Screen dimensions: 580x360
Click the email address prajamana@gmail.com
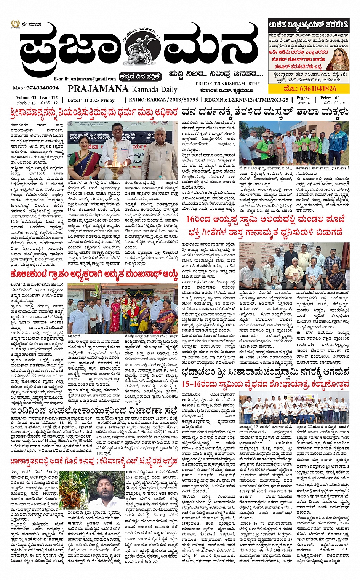pos(85,79)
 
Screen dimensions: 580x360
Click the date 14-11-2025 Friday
pos(91,100)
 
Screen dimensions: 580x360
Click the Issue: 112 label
pos(49,98)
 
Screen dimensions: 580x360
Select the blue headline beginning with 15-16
pos(265,384)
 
